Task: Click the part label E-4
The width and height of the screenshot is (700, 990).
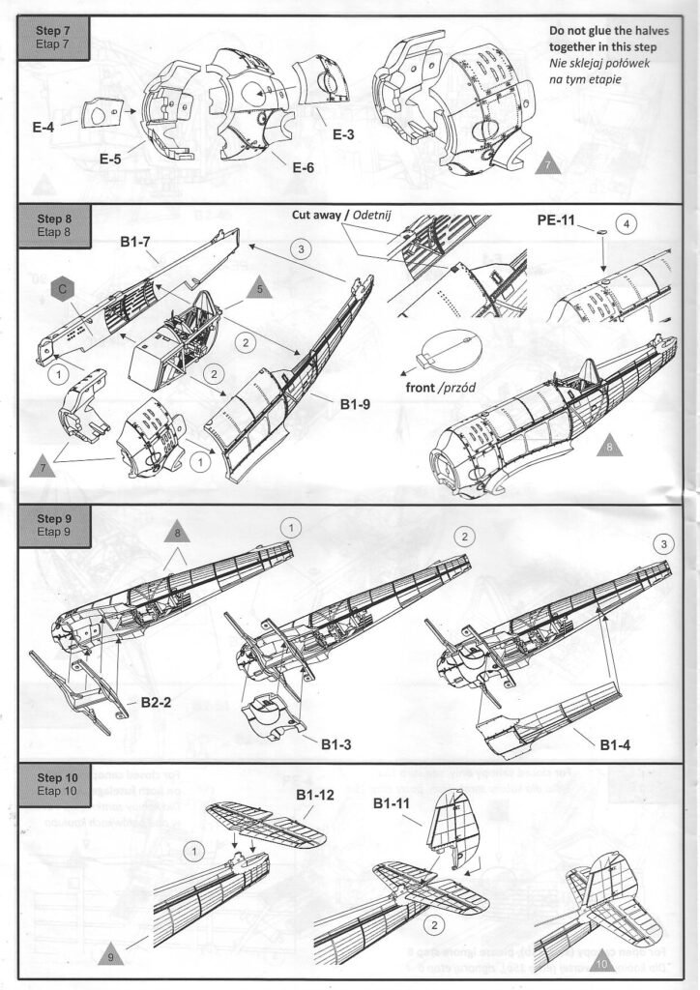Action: [x=44, y=124]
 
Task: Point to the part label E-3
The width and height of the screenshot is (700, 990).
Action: [x=345, y=133]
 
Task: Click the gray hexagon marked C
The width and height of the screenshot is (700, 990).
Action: [x=61, y=288]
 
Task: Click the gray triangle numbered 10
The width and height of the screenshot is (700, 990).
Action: [x=601, y=962]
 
